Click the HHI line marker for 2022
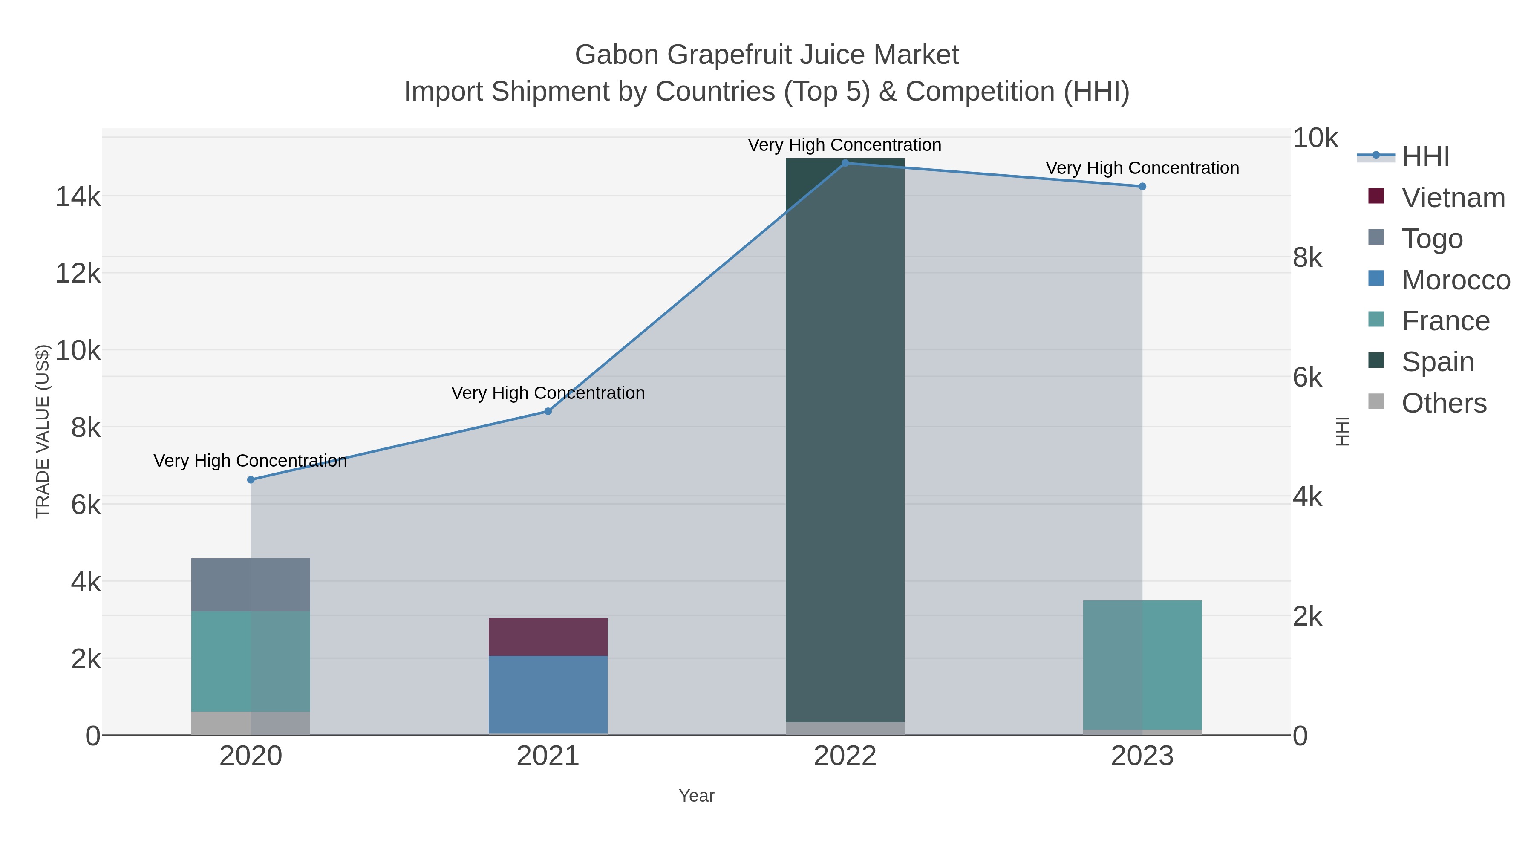[x=845, y=163]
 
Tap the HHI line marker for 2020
[x=251, y=480]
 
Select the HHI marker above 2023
[x=1142, y=186]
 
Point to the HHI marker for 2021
[x=548, y=412]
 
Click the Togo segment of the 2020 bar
[x=251, y=585]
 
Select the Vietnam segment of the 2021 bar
[x=548, y=637]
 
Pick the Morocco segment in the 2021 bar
[x=548, y=695]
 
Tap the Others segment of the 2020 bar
[x=251, y=723]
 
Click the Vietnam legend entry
[x=1453, y=198]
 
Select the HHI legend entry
[x=1425, y=157]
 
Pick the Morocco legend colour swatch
[x=1376, y=278]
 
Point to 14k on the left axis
[x=78, y=196]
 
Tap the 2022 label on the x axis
[x=845, y=756]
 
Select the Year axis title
[x=696, y=796]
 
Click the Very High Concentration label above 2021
[x=548, y=393]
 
